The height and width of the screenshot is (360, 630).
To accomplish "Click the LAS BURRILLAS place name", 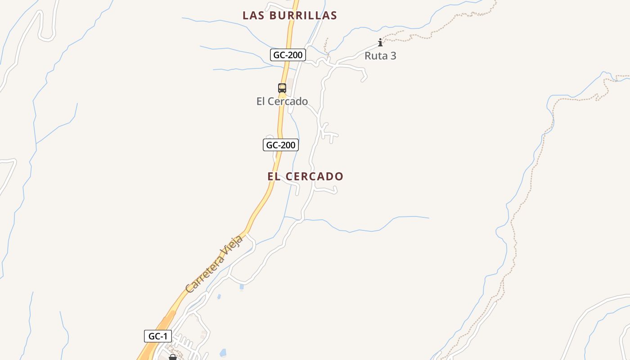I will point(290,15).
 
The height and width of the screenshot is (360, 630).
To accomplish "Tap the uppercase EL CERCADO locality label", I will point(305,176).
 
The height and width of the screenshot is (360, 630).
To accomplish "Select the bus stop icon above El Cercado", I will point(282,88).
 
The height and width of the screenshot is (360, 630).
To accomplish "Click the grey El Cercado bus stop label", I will point(282,101).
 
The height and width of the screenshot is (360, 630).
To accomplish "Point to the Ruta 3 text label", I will point(380,56).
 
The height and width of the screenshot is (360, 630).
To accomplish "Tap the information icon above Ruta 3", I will point(380,43).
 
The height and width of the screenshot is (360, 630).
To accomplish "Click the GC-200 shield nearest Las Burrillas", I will point(288,55).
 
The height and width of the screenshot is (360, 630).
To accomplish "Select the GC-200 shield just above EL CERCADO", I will point(281,145).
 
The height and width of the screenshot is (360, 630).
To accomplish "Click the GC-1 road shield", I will point(158,336).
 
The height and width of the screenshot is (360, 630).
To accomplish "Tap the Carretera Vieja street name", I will point(214,264).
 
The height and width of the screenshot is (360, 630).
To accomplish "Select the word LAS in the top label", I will point(253,15).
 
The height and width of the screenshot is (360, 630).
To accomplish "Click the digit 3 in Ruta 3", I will point(393,56).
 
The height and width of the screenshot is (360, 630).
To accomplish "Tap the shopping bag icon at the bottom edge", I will point(172,357).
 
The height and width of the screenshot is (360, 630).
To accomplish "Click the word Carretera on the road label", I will point(205,274).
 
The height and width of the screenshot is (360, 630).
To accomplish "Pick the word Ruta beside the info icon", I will point(376,56).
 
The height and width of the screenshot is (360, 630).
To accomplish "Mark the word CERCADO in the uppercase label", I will point(314,176).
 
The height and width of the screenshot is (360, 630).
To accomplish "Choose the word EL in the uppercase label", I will point(274,176).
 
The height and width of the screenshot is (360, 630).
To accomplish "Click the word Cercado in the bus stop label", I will point(290,101).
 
